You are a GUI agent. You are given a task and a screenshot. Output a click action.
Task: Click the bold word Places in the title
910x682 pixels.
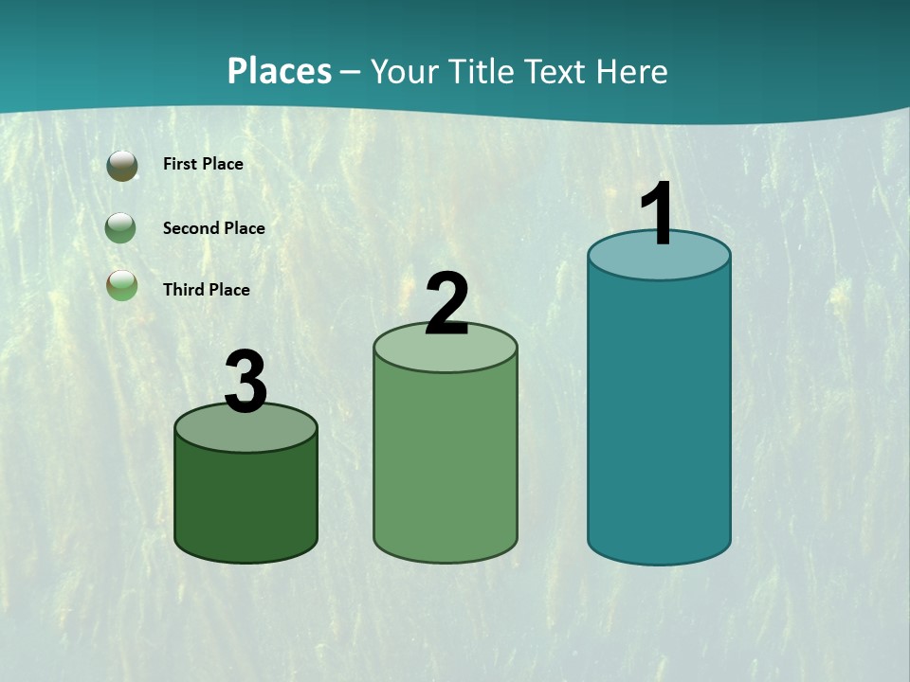pos(280,71)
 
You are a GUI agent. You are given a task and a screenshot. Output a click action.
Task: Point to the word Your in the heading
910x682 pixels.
pos(405,71)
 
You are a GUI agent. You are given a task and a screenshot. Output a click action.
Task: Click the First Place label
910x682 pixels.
pos(203,164)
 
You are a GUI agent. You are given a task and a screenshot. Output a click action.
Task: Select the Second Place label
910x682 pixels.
pos(213,228)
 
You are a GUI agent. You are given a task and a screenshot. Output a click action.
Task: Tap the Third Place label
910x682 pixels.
pos(206,290)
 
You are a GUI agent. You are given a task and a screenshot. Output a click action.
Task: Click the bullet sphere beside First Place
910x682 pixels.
pos(122,166)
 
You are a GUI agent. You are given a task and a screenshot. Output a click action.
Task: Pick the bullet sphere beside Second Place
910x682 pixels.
pos(121,227)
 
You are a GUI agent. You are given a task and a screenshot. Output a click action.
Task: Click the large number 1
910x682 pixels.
pos(658,214)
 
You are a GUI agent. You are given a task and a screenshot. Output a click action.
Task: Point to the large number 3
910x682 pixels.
pos(246,383)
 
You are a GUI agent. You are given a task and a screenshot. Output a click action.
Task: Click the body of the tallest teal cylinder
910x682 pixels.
pos(659,417)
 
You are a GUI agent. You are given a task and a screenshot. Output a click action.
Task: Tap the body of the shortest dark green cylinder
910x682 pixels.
pos(246,502)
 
